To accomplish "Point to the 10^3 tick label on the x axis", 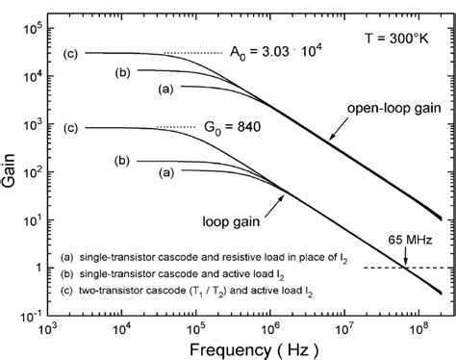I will [50, 326].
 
